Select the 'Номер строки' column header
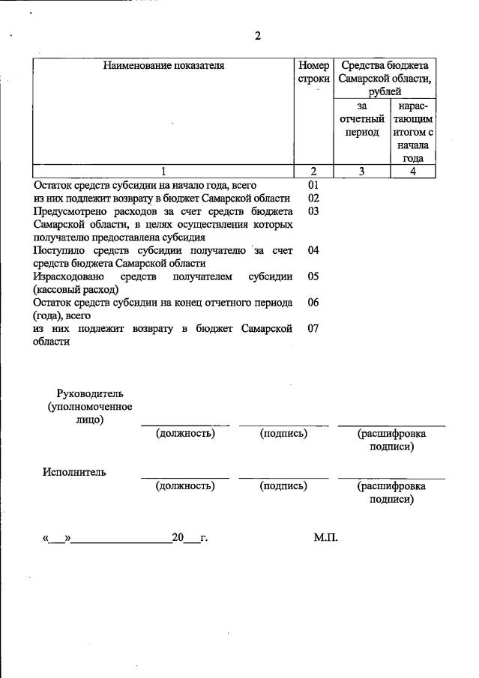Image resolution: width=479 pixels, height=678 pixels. coord(313,72)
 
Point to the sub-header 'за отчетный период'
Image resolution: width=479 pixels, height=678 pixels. coord(362,119)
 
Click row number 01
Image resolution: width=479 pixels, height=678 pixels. coord(313,184)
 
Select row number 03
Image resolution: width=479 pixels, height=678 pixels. coord(313,211)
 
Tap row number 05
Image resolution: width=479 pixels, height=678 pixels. coord(313,276)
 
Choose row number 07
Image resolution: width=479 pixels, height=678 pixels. coord(313,329)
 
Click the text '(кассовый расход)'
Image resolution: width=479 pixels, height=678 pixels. coord(76,289)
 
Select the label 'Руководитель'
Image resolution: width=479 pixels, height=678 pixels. coord(89,394)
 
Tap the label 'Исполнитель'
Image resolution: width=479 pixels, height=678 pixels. coord(74,472)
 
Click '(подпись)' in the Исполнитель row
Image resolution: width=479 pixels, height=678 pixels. coord(283,486)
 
